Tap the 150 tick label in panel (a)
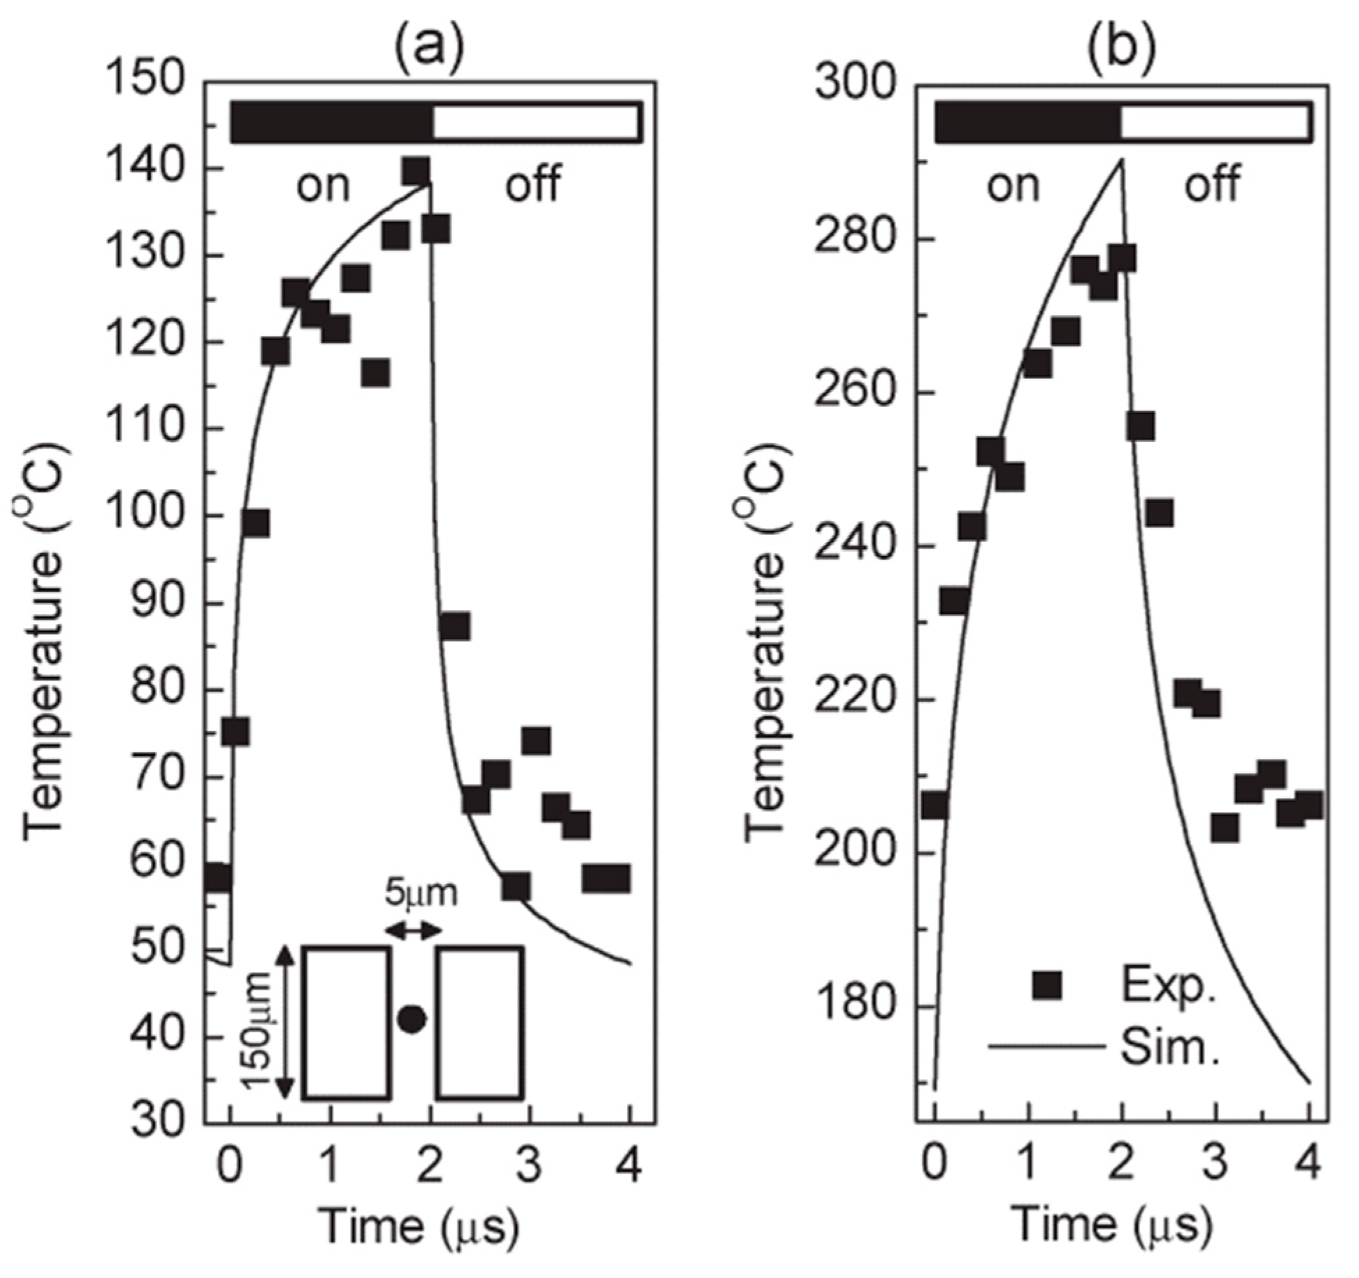[x=146, y=82]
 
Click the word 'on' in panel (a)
[x=323, y=186]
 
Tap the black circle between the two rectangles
[x=412, y=1020]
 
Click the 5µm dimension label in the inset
[x=421, y=893]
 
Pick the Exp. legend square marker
[x=1047, y=986]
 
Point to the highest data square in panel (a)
[x=415, y=172]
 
